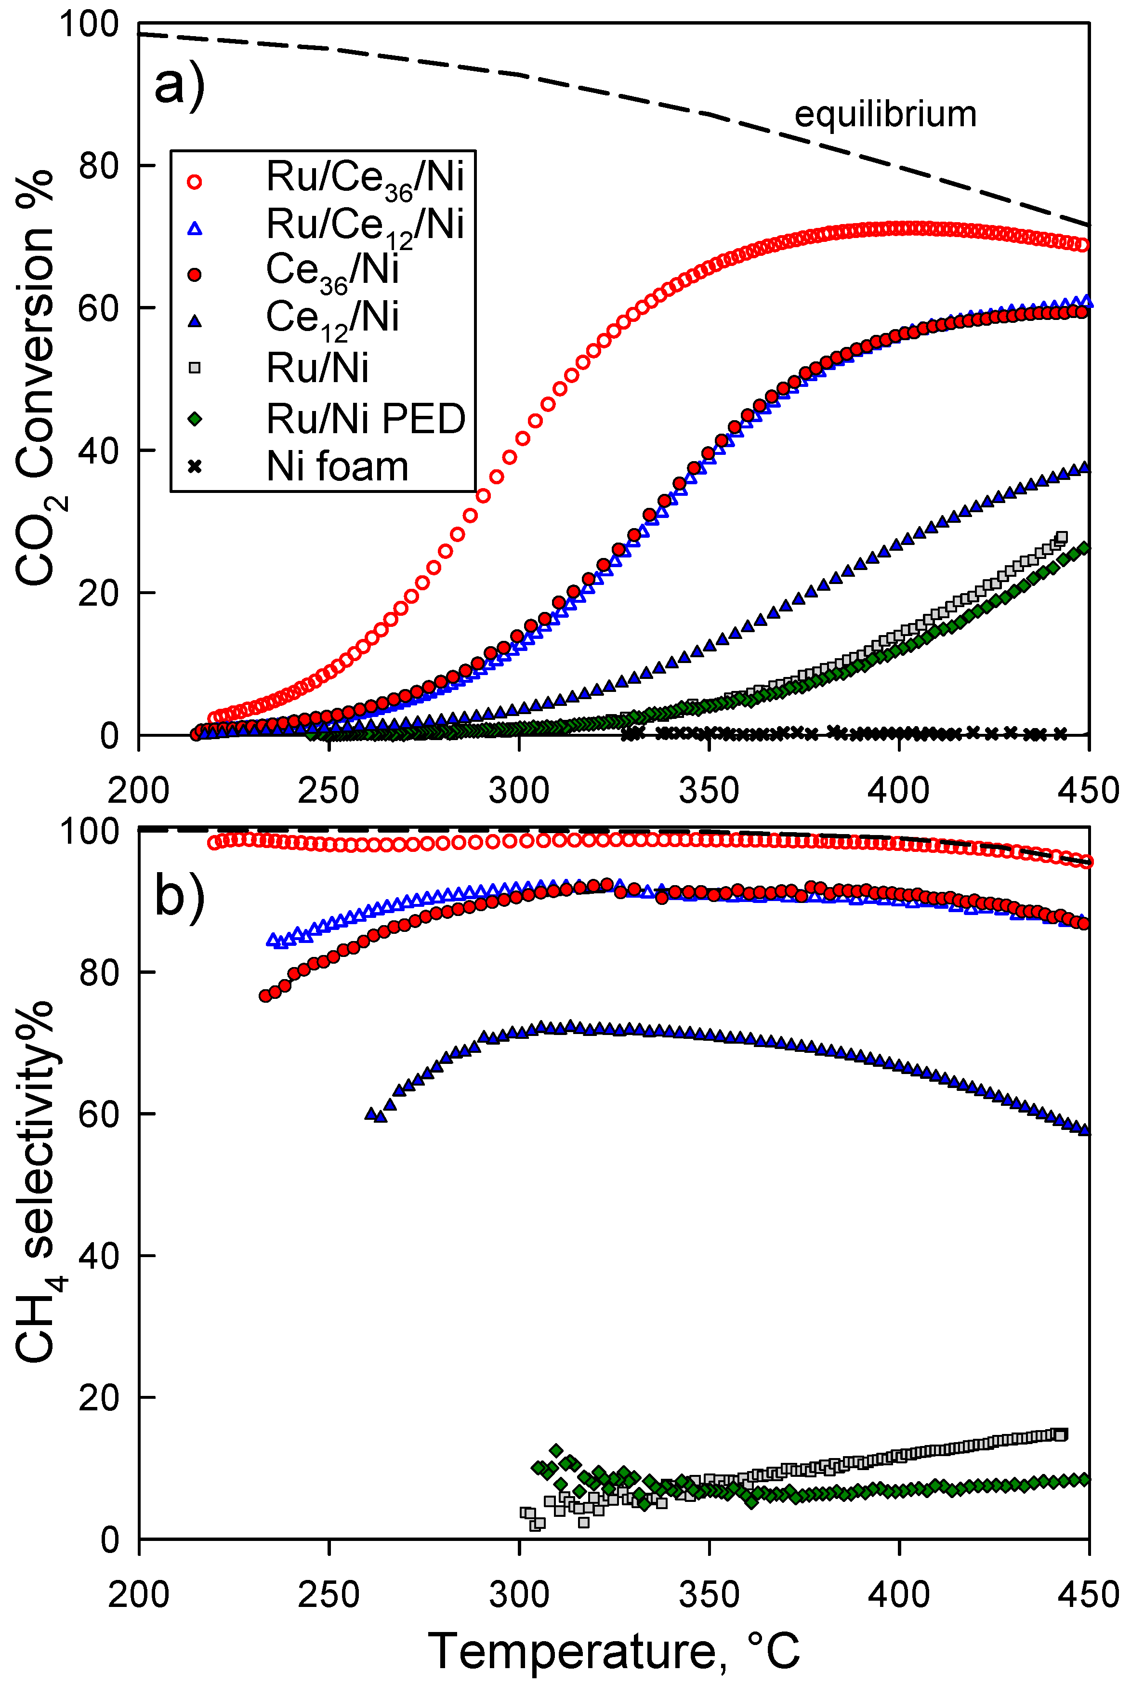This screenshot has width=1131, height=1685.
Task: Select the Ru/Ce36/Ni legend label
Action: point(365,177)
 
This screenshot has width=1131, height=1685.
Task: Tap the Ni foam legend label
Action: point(337,467)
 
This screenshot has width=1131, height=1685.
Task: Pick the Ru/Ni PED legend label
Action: point(366,419)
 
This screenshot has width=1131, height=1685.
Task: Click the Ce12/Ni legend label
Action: point(332,318)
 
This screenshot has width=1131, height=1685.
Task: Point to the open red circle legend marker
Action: point(194,181)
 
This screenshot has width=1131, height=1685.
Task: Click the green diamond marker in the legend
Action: point(194,419)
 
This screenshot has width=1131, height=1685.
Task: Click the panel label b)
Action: point(180,897)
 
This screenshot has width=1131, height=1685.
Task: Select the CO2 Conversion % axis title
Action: point(36,379)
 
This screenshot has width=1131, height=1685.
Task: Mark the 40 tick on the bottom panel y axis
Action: point(98,1256)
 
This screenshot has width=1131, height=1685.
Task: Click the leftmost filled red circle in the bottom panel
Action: point(265,995)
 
